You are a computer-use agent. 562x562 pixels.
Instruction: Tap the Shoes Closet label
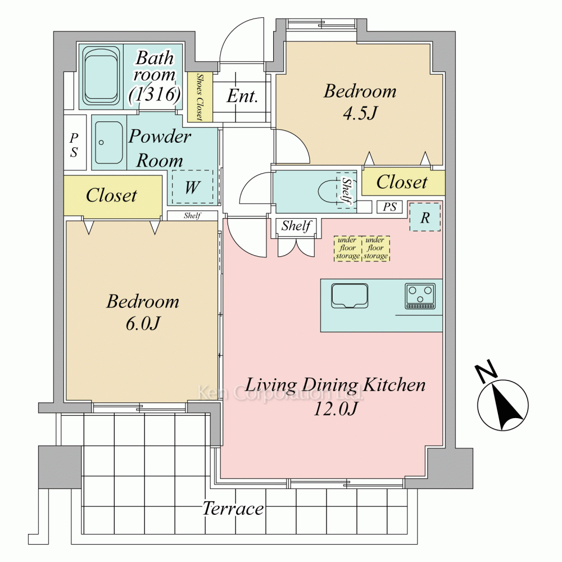200,97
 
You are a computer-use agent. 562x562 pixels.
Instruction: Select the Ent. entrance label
242,96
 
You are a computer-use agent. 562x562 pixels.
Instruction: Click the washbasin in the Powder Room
109,142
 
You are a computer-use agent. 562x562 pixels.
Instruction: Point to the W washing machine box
192,187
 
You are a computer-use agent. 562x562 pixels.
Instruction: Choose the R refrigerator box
425,217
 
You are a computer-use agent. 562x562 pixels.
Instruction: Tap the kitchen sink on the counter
350,296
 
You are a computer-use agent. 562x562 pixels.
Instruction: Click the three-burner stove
420,296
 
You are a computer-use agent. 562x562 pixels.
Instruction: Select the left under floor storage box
347,248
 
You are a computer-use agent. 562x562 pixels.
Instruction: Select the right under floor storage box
375,248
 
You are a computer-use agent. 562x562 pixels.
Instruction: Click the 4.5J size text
360,114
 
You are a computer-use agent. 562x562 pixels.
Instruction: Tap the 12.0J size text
335,408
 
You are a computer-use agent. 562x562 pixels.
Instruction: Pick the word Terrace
233,509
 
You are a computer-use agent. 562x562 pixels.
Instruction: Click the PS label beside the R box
389,207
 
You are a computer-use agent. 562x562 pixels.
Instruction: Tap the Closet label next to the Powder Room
111,196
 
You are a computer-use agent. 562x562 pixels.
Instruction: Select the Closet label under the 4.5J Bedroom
402,182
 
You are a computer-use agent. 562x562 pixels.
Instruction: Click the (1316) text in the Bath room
155,94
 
